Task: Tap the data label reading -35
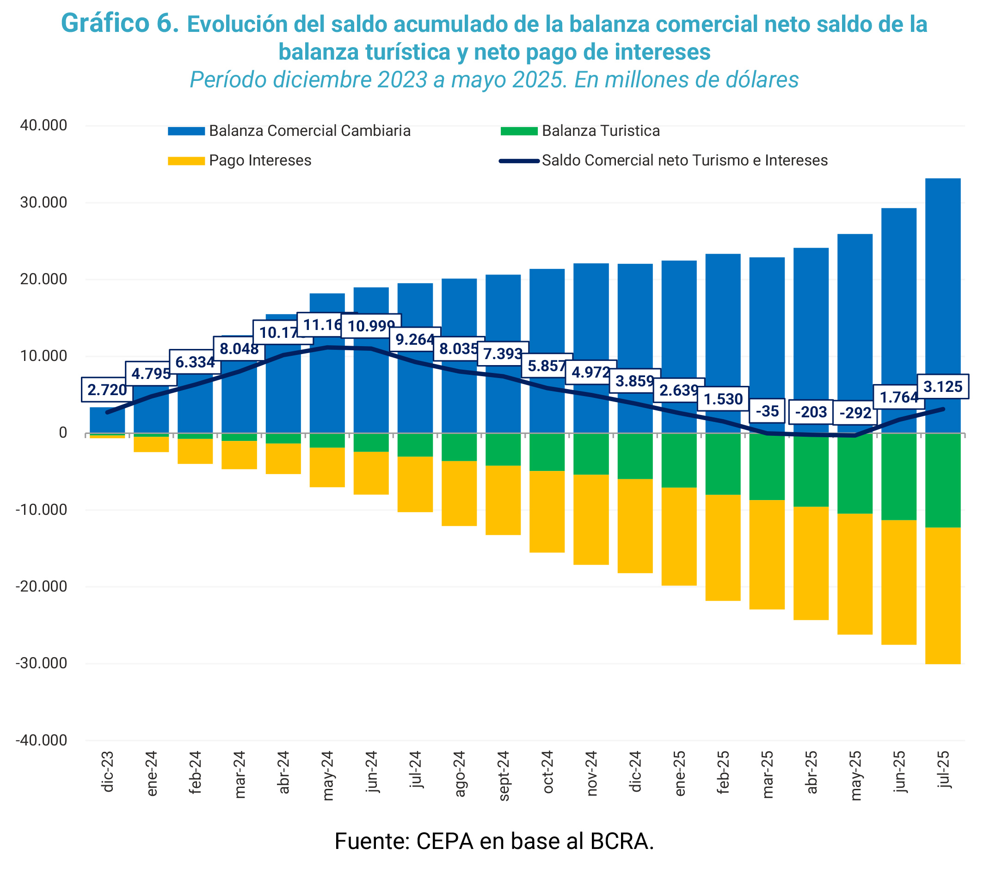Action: click(767, 411)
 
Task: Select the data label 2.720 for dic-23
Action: click(106, 390)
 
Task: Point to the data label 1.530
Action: click(723, 399)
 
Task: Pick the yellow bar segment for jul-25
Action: click(942, 595)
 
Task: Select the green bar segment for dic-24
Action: click(635, 456)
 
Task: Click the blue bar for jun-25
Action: click(898, 301)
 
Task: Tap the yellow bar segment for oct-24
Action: click(547, 511)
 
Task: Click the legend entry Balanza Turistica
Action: click(600, 131)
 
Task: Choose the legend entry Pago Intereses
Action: click(260, 160)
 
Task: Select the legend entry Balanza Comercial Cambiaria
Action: click(309, 131)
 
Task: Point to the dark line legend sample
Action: click(519, 161)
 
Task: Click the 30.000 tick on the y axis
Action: click(43, 203)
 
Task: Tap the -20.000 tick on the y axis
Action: click(41, 586)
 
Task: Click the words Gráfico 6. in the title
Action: click(120, 24)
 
